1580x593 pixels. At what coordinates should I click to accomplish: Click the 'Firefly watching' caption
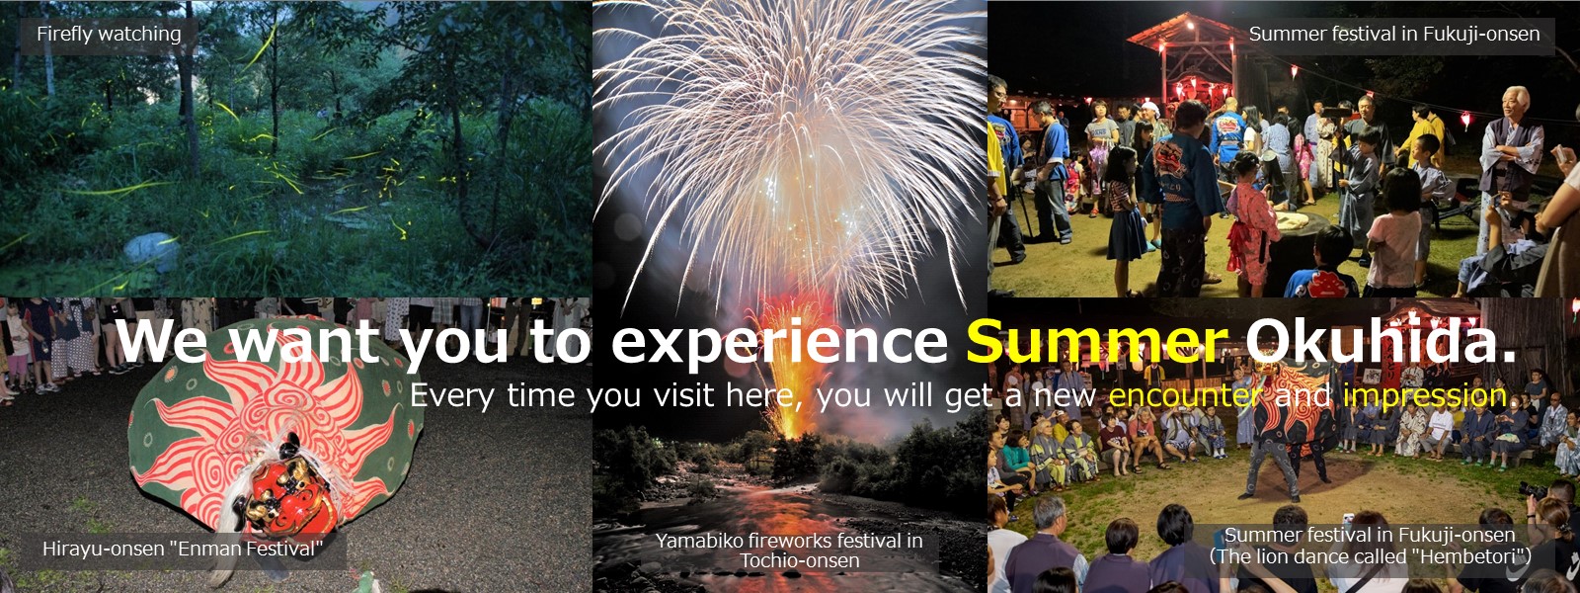(109, 34)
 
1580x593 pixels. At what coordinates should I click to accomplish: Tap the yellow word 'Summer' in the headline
(1097, 342)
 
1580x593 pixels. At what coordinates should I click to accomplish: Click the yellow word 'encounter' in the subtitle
(1185, 396)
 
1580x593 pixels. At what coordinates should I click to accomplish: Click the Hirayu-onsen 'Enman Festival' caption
(183, 550)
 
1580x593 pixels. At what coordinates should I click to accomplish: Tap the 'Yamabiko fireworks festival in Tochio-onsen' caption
(789, 551)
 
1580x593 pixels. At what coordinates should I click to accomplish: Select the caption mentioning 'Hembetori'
(1370, 546)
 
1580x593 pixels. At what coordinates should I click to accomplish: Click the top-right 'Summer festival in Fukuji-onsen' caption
(1394, 34)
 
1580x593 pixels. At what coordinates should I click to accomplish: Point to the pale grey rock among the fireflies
(152, 251)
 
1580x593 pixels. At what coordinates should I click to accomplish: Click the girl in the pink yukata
(1252, 226)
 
